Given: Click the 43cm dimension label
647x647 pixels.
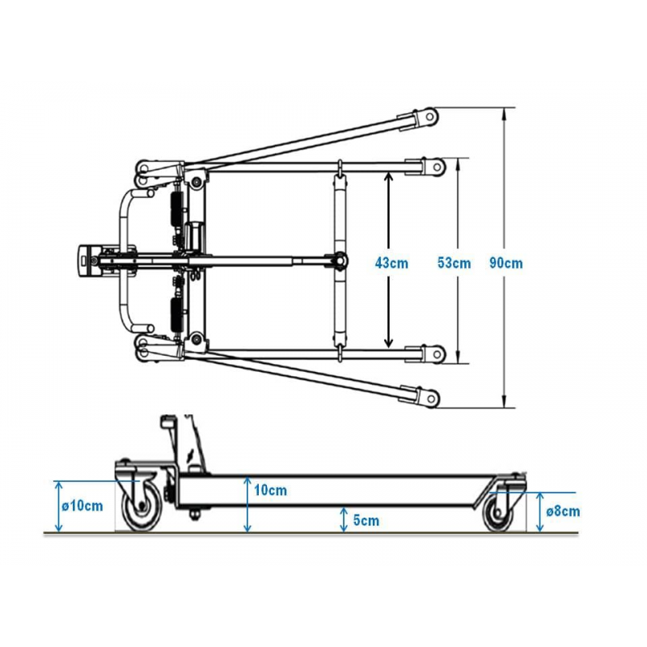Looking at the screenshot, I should [x=392, y=263].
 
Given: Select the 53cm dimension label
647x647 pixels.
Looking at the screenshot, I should [x=455, y=263].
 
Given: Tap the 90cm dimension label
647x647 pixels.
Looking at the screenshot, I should [x=507, y=263].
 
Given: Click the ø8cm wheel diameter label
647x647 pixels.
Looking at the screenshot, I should [x=563, y=511].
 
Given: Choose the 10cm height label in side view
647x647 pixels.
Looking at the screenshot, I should [x=270, y=490].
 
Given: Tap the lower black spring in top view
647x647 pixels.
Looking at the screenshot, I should [x=174, y=311].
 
